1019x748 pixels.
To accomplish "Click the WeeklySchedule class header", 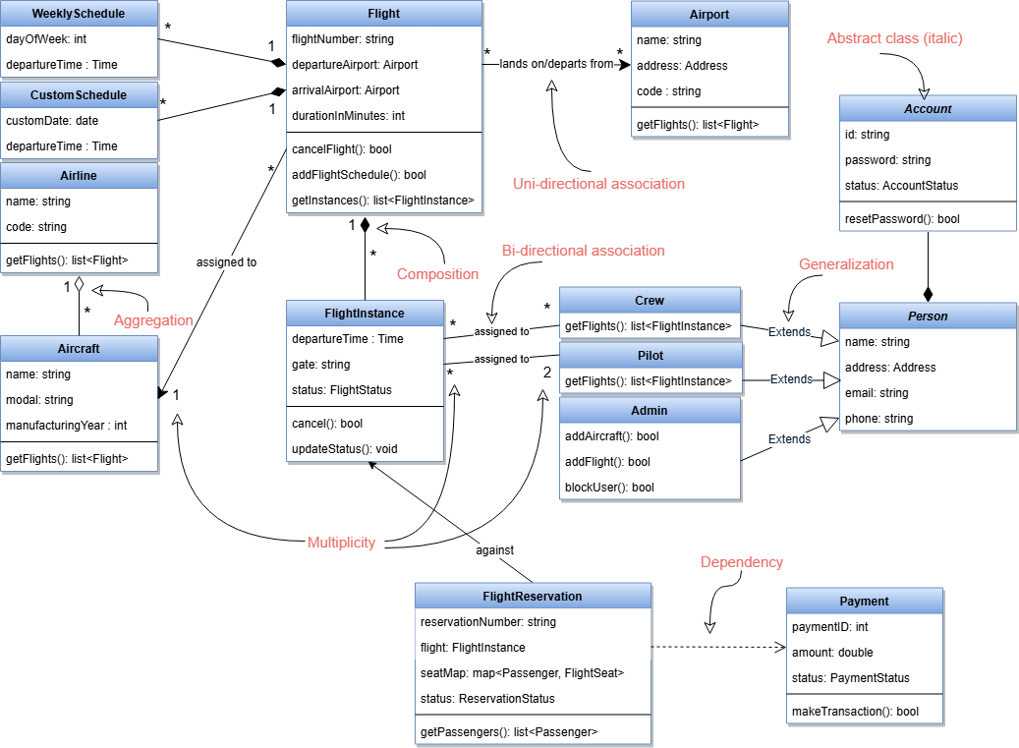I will tap(79, 14).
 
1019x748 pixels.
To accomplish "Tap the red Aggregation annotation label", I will tap(153, 320).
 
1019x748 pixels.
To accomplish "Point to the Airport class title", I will tap(709, 15).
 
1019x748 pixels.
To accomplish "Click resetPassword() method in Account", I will tap(902, 218).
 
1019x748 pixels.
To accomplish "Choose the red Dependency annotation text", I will tap(741, 562).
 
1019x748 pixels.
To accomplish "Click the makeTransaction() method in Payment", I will tap(855, 711).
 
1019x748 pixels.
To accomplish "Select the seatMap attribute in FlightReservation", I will tap(522, 673).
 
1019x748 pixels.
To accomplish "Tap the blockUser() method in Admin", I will tap(607, 487).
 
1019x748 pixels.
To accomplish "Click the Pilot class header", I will tap(650, 355).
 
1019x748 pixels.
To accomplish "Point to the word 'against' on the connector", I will tap(495, 550).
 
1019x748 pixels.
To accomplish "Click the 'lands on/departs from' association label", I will tap(556, 64).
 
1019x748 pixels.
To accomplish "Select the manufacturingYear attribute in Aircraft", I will tap(66, 426).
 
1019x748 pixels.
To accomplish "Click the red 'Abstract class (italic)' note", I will tap(894, 38).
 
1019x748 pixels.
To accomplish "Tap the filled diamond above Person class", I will tap(927, 294).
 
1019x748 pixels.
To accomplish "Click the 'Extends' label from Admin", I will tap(789, 439).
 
